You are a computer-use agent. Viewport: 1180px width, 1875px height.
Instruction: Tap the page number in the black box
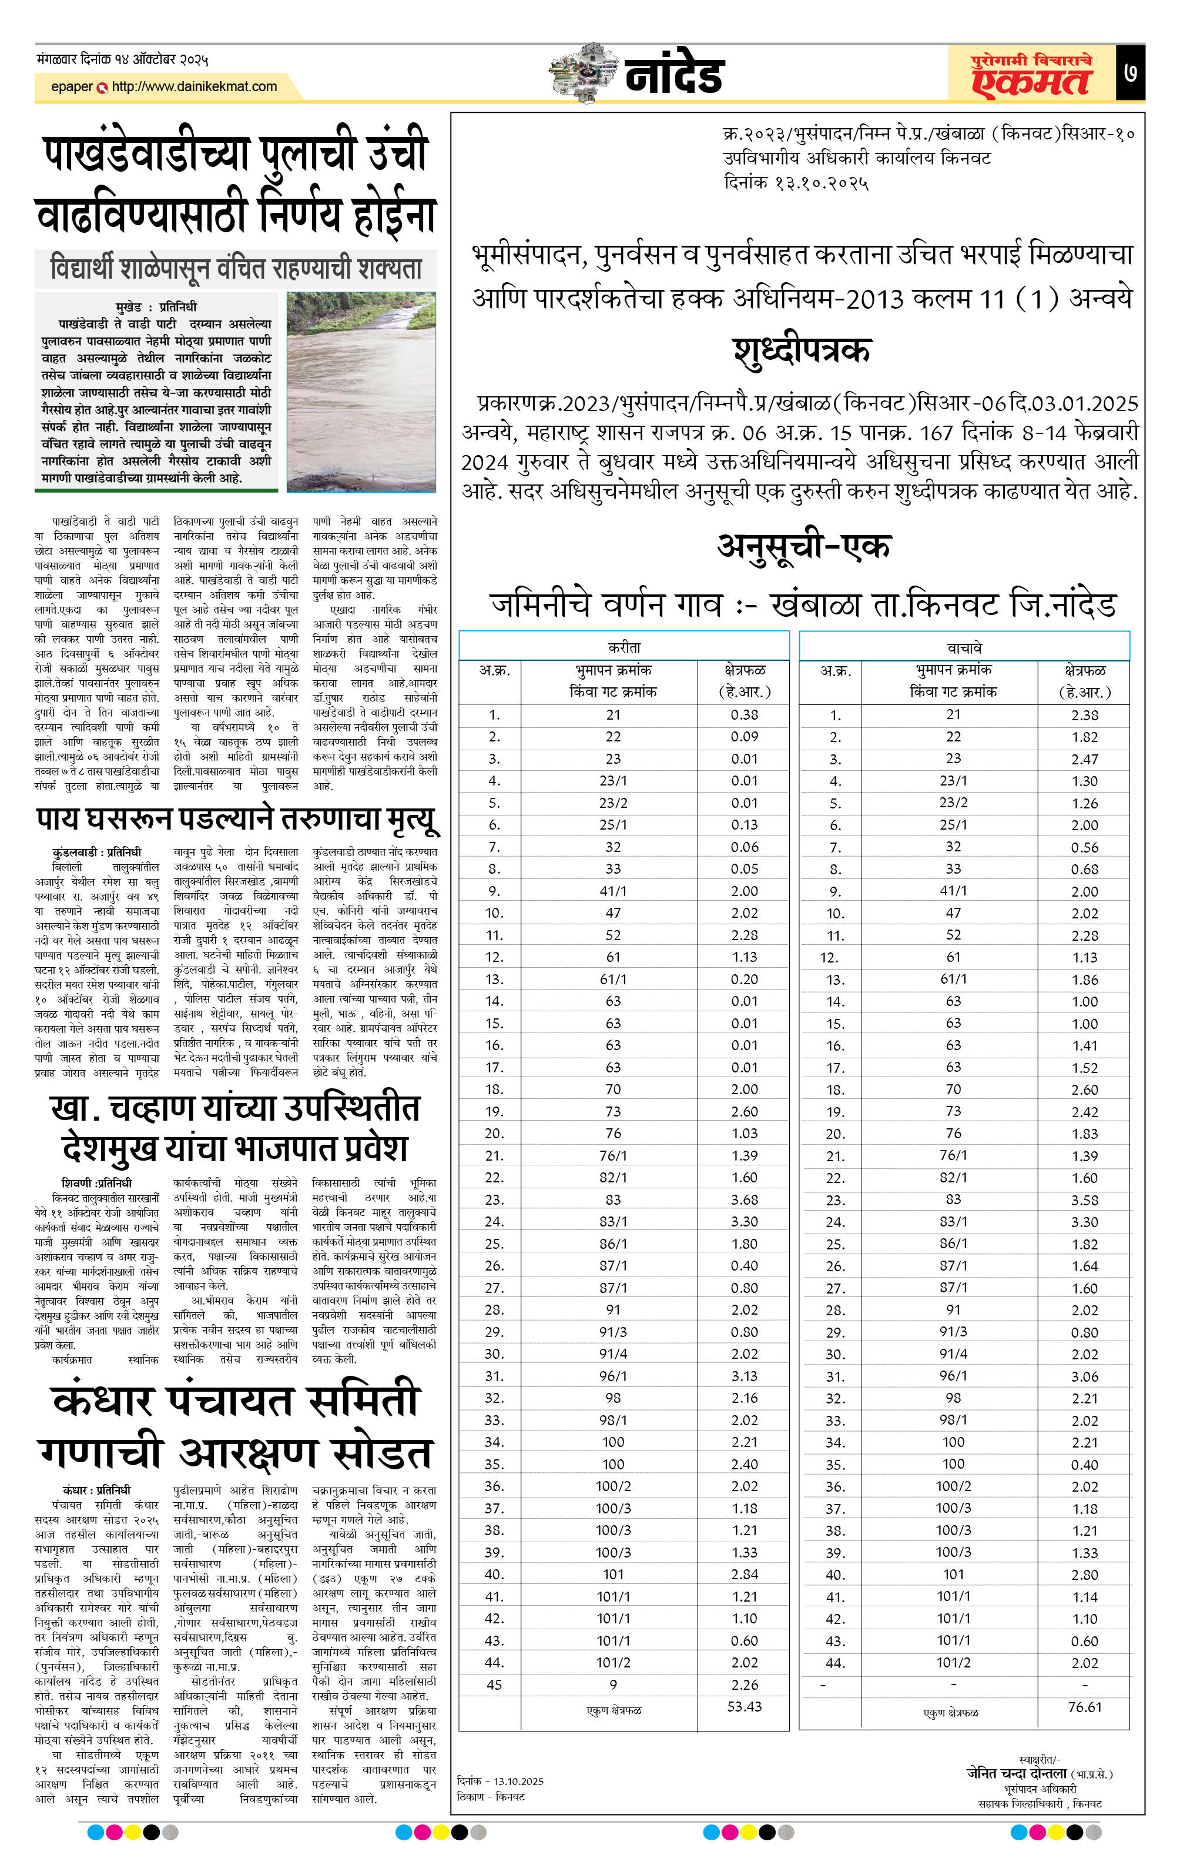tap(1130, 73)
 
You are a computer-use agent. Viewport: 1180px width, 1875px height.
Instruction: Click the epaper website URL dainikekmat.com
tap(194, 86)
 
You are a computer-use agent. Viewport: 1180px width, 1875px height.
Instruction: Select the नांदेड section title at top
tap(674, 75)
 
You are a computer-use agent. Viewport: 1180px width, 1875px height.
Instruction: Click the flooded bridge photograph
tap(361, 392)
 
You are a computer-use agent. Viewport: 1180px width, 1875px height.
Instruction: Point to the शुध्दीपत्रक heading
tap(801, 350)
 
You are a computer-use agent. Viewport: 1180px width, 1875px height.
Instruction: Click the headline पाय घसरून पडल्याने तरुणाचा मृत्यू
tap(237, 819)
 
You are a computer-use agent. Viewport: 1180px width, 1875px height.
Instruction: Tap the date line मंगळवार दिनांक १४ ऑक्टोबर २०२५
tap(122, 59)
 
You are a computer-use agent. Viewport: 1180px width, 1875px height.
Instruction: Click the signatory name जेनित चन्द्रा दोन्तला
tap(1017, 1773)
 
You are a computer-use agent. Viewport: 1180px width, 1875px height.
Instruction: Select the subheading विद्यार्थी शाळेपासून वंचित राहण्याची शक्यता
tap(236, 268)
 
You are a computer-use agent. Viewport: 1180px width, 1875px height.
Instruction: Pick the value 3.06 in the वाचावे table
tap(1084, 1376)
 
